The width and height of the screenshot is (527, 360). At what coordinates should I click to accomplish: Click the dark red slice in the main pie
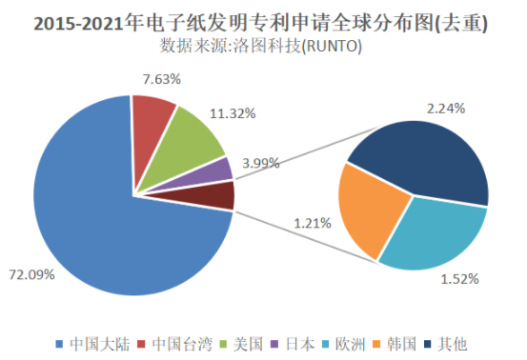220,195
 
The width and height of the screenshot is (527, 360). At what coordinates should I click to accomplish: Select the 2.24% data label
446,108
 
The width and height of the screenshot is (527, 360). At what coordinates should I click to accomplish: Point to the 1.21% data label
312,224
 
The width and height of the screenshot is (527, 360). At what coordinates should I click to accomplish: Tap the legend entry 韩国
397,342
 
